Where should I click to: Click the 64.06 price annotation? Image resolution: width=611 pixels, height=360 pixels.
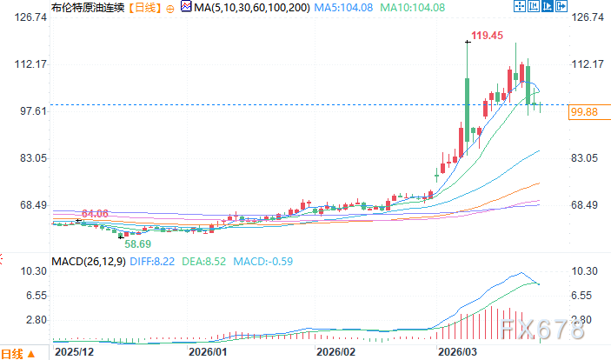point(95,214)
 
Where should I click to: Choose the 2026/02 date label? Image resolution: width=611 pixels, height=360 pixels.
point(335,351)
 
